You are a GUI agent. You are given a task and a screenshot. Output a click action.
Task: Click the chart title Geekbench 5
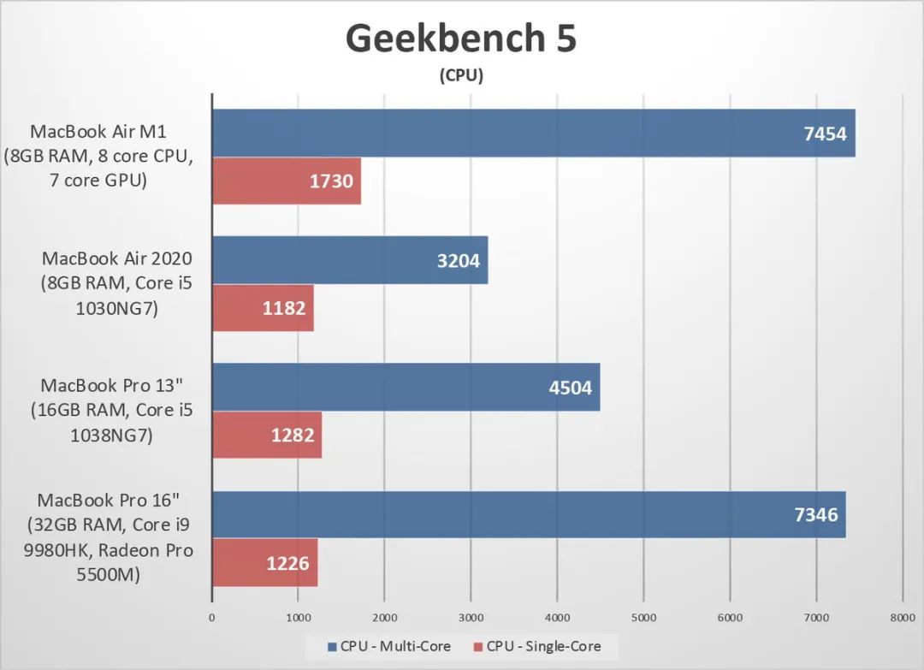coord(462,39)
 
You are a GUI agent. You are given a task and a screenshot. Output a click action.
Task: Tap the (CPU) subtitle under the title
coord(462,76)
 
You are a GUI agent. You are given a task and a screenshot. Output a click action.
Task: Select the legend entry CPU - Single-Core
coord(543,646)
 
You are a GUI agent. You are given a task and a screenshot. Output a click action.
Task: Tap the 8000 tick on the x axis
coord(902,617)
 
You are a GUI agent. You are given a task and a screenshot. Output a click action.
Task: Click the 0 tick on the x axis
coord(212,617)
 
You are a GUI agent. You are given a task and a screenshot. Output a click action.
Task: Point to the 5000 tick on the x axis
coord(643,617)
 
